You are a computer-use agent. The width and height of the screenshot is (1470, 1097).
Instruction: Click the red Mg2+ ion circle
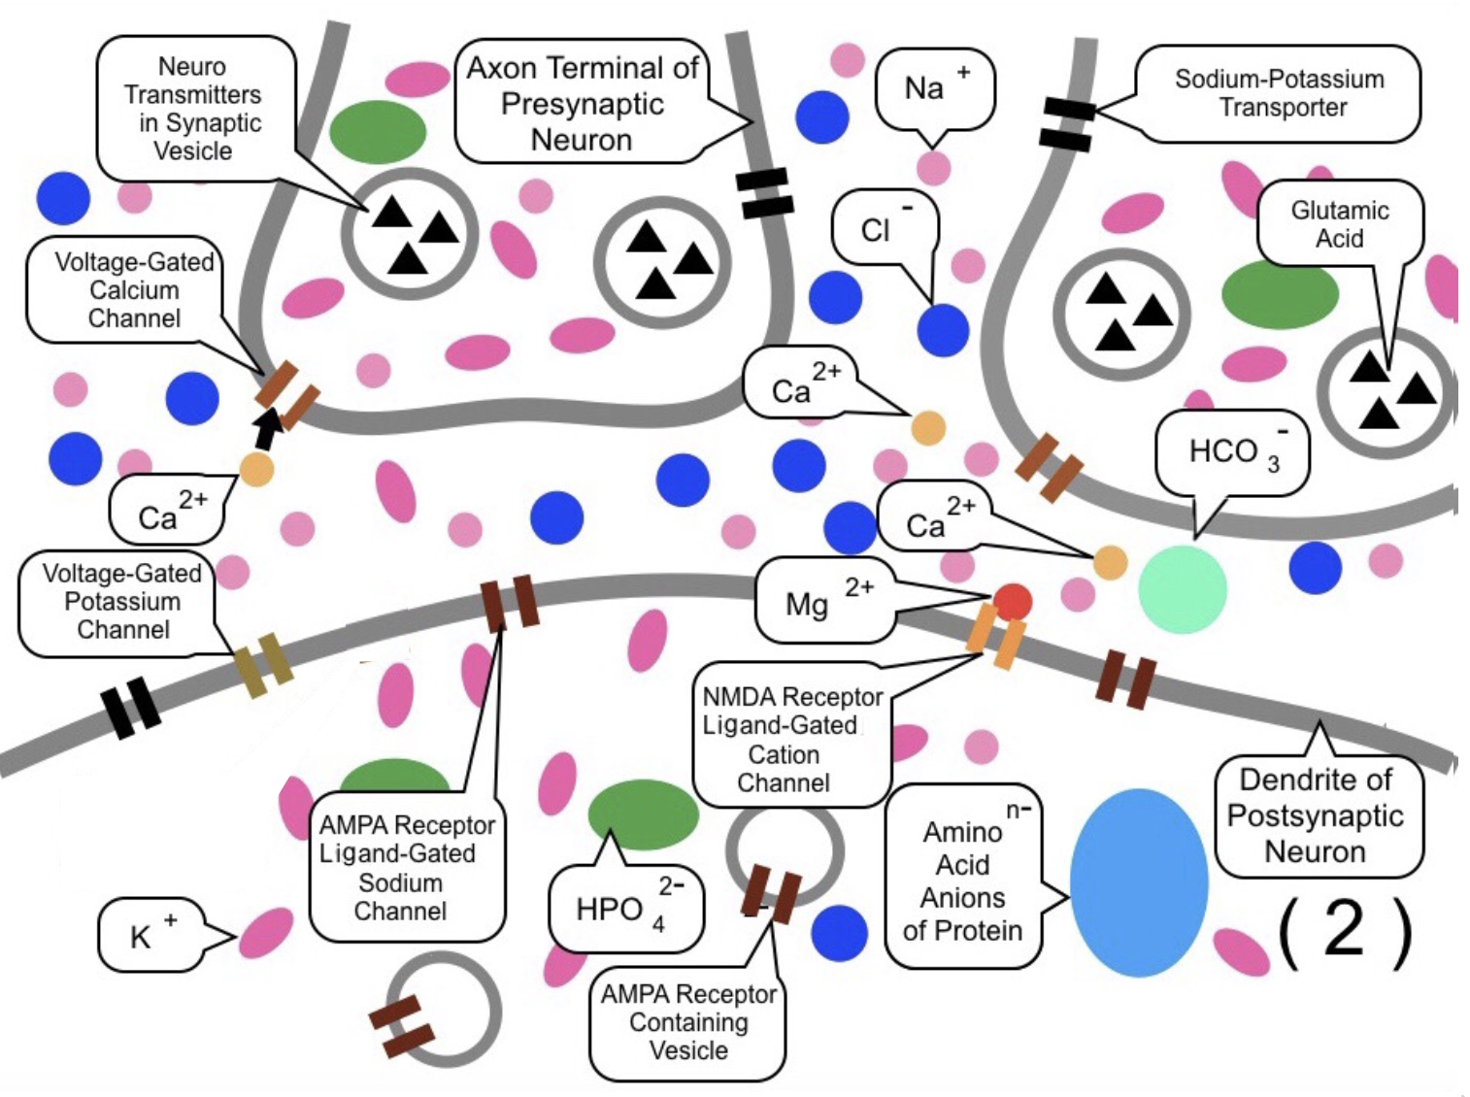point(1012,602)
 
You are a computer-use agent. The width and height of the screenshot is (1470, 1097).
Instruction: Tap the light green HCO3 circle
point(1182,589)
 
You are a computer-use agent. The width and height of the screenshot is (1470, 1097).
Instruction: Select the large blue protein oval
point(1138,882)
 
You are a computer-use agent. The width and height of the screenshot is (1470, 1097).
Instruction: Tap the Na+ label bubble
point(934,88)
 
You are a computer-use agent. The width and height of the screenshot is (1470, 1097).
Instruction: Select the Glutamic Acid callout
point(1339,224)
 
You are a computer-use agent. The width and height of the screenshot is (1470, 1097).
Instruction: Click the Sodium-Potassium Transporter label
point(1279,93)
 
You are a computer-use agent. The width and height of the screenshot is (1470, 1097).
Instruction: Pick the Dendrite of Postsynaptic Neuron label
point(1317,815)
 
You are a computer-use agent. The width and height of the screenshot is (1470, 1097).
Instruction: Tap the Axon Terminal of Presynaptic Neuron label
point(582,103)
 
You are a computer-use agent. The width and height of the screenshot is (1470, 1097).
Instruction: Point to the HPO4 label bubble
point(625,909)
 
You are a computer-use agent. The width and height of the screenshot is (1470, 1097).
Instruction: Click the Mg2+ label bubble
point(824,600)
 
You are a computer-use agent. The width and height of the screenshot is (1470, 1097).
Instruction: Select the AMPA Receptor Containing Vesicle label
point(687,1022)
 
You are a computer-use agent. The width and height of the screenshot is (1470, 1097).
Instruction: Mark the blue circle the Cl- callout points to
point(943,330)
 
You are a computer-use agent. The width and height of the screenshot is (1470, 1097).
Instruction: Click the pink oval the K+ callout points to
point(266,933)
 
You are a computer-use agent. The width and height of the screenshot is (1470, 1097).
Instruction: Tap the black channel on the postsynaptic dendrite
point(131,707)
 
